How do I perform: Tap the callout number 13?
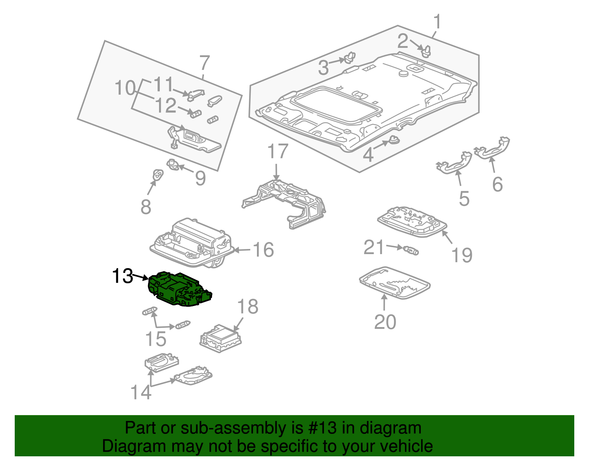(x=122, y=276)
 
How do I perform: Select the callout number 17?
(x=278, y=152)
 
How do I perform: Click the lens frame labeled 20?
(x=394, y=284)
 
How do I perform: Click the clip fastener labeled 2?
(x=426, y=52)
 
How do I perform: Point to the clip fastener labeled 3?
(x=349, y=58)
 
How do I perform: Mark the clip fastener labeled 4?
(x=394, y=140)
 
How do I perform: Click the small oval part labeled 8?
(x=158, y=175)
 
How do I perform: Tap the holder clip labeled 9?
(x=173, y=164)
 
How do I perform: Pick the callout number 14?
(x=141, y=392)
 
